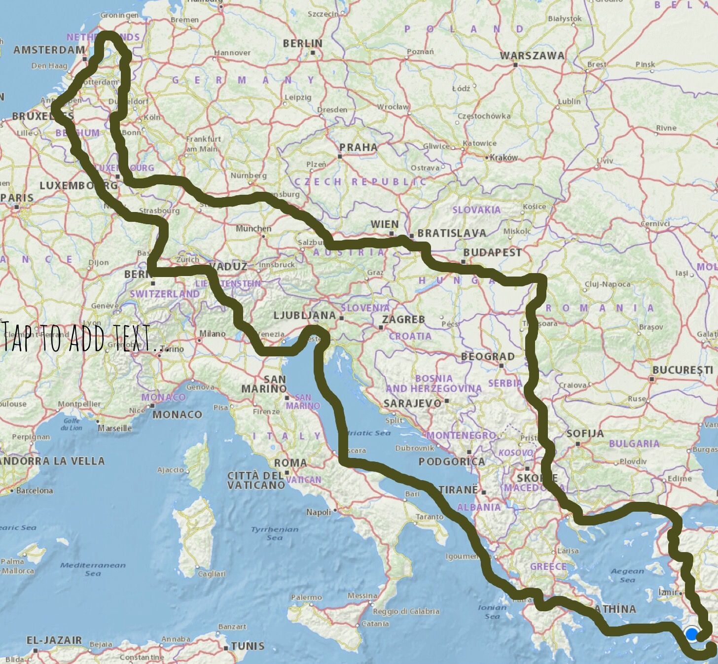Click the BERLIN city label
(302, 43)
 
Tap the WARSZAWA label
(532, 55)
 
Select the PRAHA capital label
(359, 147)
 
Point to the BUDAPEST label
(492, 252)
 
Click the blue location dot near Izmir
(692, 634)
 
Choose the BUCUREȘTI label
(682, 370)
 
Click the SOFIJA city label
(585, 433)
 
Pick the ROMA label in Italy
(290, 463)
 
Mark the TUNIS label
(248, 646)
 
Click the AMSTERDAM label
(49, 50)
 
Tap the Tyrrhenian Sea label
(275, 533)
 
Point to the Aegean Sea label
(627, 575)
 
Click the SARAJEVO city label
(412, 403)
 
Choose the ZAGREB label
(403, 319)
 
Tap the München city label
(253, 229)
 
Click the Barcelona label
(34, 490)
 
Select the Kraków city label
(503, 157)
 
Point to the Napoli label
(319, 512)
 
